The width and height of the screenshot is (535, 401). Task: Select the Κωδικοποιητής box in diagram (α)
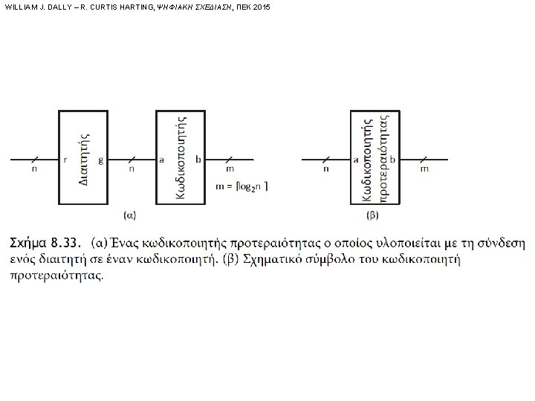pos(179,157)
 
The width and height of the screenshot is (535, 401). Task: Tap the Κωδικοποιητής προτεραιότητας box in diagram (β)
pos(374,157)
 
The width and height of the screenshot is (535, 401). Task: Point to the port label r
pos(65,159)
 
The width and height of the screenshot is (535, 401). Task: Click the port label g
pos(100,159)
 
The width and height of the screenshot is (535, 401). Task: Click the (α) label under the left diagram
pos(129,215)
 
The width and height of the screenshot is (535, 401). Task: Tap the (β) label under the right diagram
pos(374,215)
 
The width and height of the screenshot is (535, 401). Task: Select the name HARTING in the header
pos(124,7)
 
